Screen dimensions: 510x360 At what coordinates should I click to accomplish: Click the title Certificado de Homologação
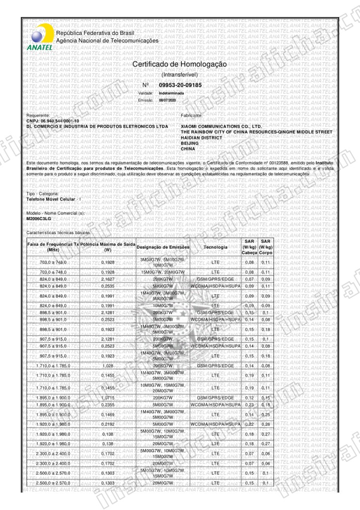coord(179,65)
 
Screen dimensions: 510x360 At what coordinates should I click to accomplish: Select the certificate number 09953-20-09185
coord(180,86)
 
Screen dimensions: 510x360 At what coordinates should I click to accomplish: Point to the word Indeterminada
coord(171,93)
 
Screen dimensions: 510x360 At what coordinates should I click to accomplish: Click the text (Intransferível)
coord(180,75)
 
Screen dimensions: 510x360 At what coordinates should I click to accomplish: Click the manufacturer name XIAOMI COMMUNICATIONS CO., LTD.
coord(221,127)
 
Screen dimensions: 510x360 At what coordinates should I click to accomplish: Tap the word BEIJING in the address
coord(190,143)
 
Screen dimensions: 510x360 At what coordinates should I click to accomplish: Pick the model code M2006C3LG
coord(38,218)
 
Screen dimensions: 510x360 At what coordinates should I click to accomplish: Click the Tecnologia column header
coord(216,247)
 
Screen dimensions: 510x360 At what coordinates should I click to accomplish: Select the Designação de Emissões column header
coord(163,247)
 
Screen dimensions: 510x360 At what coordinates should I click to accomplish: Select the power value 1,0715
coord(108,397)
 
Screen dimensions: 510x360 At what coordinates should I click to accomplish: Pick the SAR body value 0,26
coord(265,424)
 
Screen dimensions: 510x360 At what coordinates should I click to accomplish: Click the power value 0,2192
coord(108,424)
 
